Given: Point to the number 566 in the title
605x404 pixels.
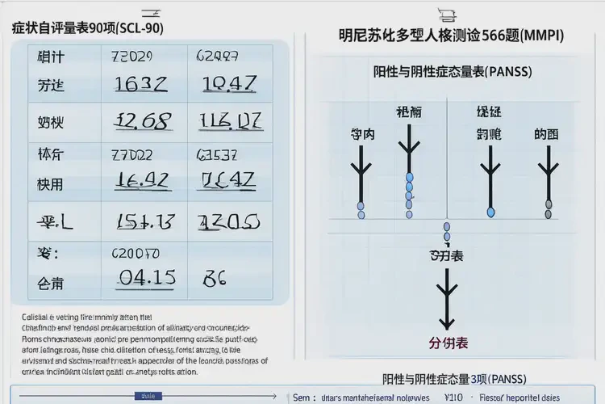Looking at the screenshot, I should click(476, 36).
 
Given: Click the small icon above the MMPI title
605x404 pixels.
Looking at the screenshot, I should click(447, 13).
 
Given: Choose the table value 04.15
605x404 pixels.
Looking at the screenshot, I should click(146, 277).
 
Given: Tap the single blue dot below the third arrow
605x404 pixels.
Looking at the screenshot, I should click(490, 212).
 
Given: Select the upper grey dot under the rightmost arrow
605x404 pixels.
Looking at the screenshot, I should click(549, 204).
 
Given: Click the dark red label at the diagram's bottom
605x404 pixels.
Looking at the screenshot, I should click(449, 342).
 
